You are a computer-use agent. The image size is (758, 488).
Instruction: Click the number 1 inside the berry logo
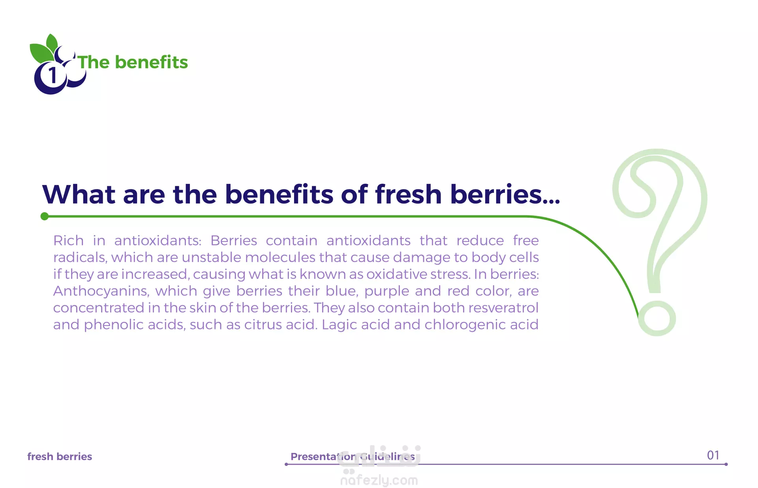point(52,75)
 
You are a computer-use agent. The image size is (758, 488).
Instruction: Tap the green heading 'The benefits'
point(133,62)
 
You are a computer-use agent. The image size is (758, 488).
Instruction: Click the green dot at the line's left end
point(45,216)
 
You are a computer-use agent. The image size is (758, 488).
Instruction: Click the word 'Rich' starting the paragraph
point(69,240)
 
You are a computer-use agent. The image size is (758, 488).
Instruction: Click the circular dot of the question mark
point(657,318)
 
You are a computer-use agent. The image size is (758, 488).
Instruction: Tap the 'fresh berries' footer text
point(60,456)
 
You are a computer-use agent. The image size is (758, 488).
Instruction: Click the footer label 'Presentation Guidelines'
point(353,457)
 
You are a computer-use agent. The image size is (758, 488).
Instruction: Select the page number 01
point(713,455)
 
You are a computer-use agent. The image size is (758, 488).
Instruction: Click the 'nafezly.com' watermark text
point(379,481)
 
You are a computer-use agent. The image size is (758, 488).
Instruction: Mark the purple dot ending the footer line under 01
point(726,464)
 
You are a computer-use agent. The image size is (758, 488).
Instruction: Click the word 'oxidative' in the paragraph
point(396,274)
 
